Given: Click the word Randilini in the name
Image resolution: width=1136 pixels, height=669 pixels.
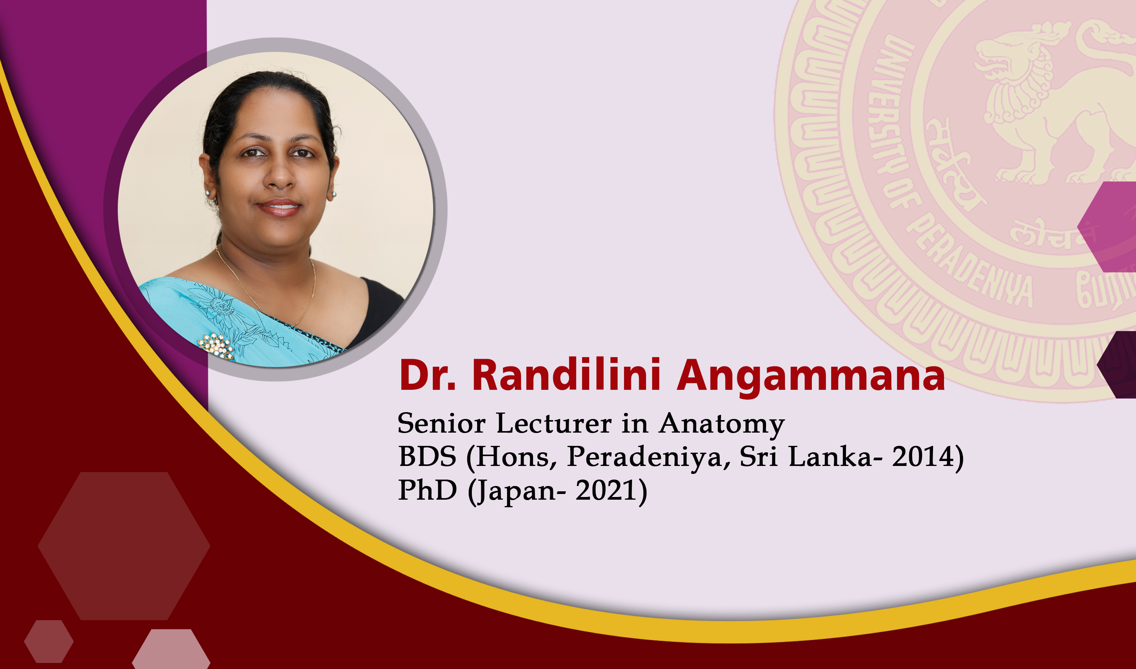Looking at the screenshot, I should point(566,375).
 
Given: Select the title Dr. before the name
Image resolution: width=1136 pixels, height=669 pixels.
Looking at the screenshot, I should point(428,375).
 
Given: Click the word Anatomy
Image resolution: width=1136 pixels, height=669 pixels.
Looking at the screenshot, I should point(721,424).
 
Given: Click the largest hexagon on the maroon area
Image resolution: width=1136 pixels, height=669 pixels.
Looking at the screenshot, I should point(124,546).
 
